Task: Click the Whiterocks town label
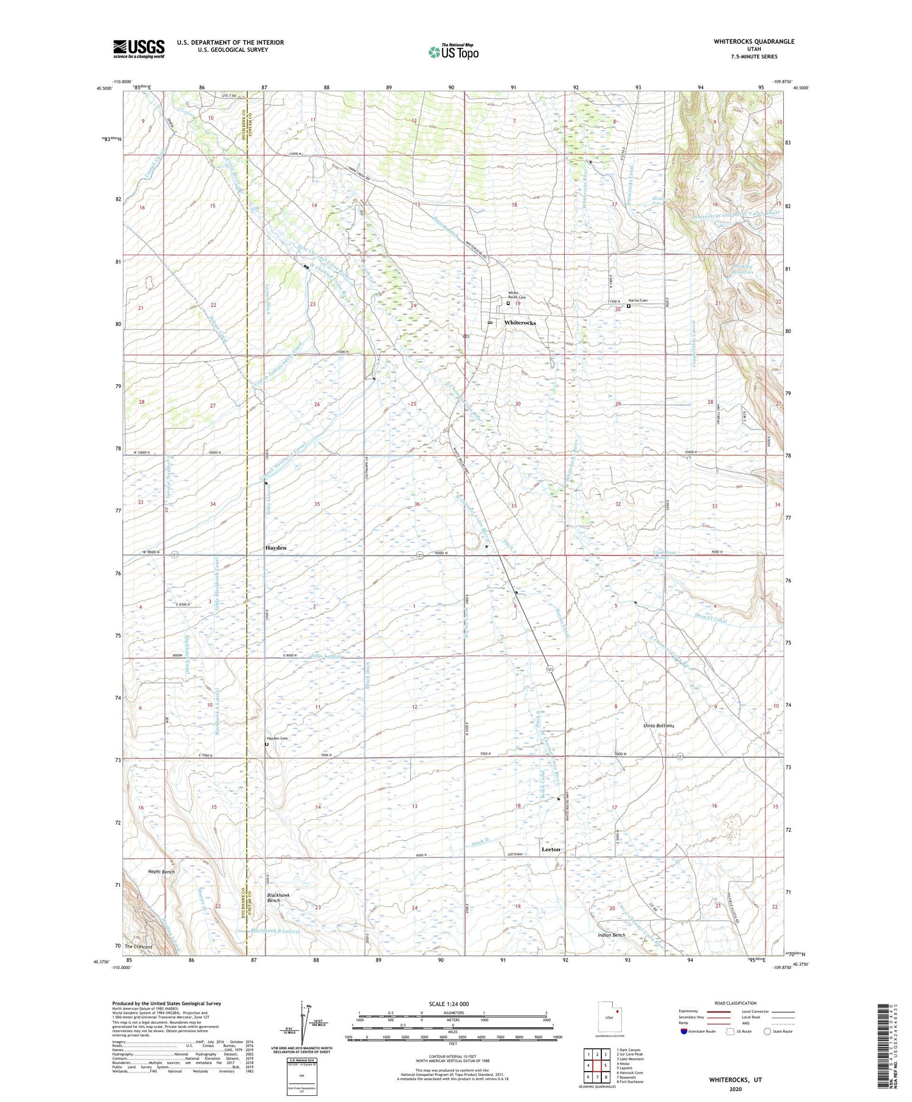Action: pos(520,323)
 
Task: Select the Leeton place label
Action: pos(551,849)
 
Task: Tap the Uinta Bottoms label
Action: pos(658,726)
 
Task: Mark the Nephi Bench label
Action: pos(161,872)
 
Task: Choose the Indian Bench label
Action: pos(611,935)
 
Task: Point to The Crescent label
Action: pos(138,947)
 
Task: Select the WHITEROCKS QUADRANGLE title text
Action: pos(754,41)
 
